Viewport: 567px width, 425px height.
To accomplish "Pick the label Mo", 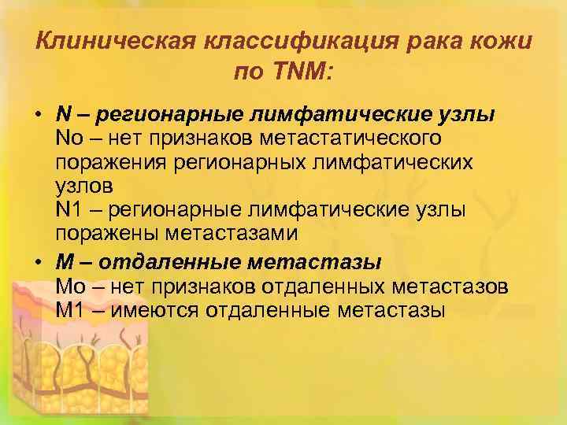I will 70,284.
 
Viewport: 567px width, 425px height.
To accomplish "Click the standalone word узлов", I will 84,187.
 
